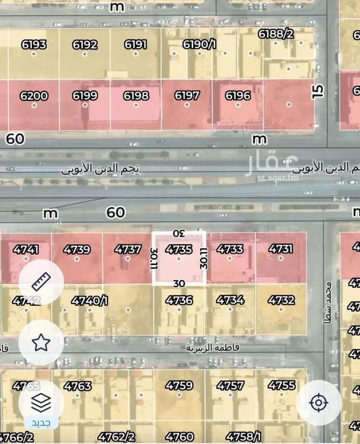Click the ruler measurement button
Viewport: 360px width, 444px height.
click(x=41, y=282)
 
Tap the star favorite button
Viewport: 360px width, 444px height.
click(x=41, y=342)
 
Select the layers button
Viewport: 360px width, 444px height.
click(x=41, y=402)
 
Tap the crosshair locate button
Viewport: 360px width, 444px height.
click(x=318, y=402)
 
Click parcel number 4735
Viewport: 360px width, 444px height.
click(x=179, y=250)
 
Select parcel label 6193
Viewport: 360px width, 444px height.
click(x=34, y=45)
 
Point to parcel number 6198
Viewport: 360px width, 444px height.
click(x=136, y=96)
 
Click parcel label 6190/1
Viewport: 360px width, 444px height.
click(x=200, y=45)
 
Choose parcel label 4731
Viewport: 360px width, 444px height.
click(x=281, y=250)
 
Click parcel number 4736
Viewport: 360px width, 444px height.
click(x=179, y=300)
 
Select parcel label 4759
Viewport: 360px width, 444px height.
click(x=179, y=385)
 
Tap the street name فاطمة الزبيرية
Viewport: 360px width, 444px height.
click(x=213, y=348)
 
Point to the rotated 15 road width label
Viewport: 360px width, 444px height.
click(x=317, y=91)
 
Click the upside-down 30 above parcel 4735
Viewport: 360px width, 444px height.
click(x=179, y=234)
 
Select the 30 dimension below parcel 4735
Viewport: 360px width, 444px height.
click(x=179, y=283)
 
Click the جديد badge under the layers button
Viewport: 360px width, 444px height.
click(x=41, y=423)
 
